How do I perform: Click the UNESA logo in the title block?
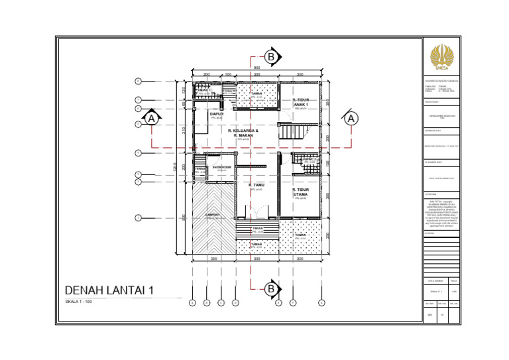tap(440, 56)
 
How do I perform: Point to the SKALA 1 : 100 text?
tap(79, 302)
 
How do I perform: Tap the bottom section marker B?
tap(270, 289)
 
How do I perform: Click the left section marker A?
tap(152, 119)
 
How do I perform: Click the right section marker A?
tap(351, 119)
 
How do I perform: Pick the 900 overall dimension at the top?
tap(256, 67)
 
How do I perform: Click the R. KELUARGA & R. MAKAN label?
tap(243, 133)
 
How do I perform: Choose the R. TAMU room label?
tap(256, 185)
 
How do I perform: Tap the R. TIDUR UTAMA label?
tap(302, 192)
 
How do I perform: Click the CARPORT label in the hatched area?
tap(212, 215)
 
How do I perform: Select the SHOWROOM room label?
tap(221, 166)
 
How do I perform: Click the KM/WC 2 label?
tap(310, 159)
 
